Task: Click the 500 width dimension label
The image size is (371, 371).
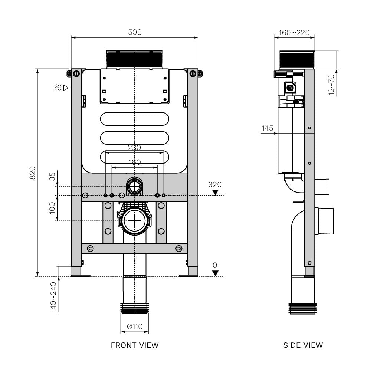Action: [135, 32]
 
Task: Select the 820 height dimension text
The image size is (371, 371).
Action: [32, 173]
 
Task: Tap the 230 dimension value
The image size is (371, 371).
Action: [134, 147]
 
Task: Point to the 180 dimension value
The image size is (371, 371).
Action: [134, 162]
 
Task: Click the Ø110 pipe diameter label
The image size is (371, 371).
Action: [134, 326]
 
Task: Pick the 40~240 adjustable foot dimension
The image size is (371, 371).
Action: [53, 296]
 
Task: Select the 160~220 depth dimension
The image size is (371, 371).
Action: [294, 33]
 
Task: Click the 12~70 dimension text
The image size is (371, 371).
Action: [331, 84]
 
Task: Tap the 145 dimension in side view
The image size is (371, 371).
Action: [267, 128]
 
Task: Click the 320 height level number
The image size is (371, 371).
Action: [215, 184]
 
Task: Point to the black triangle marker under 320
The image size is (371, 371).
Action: [215, 192]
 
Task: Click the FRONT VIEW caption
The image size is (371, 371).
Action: [135, 345]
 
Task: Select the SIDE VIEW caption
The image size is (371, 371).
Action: [303, 345]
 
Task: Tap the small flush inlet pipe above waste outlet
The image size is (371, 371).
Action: [134, 185]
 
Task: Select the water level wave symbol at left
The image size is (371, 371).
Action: [57, 88]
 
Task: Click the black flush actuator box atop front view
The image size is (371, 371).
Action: [135, 59]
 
